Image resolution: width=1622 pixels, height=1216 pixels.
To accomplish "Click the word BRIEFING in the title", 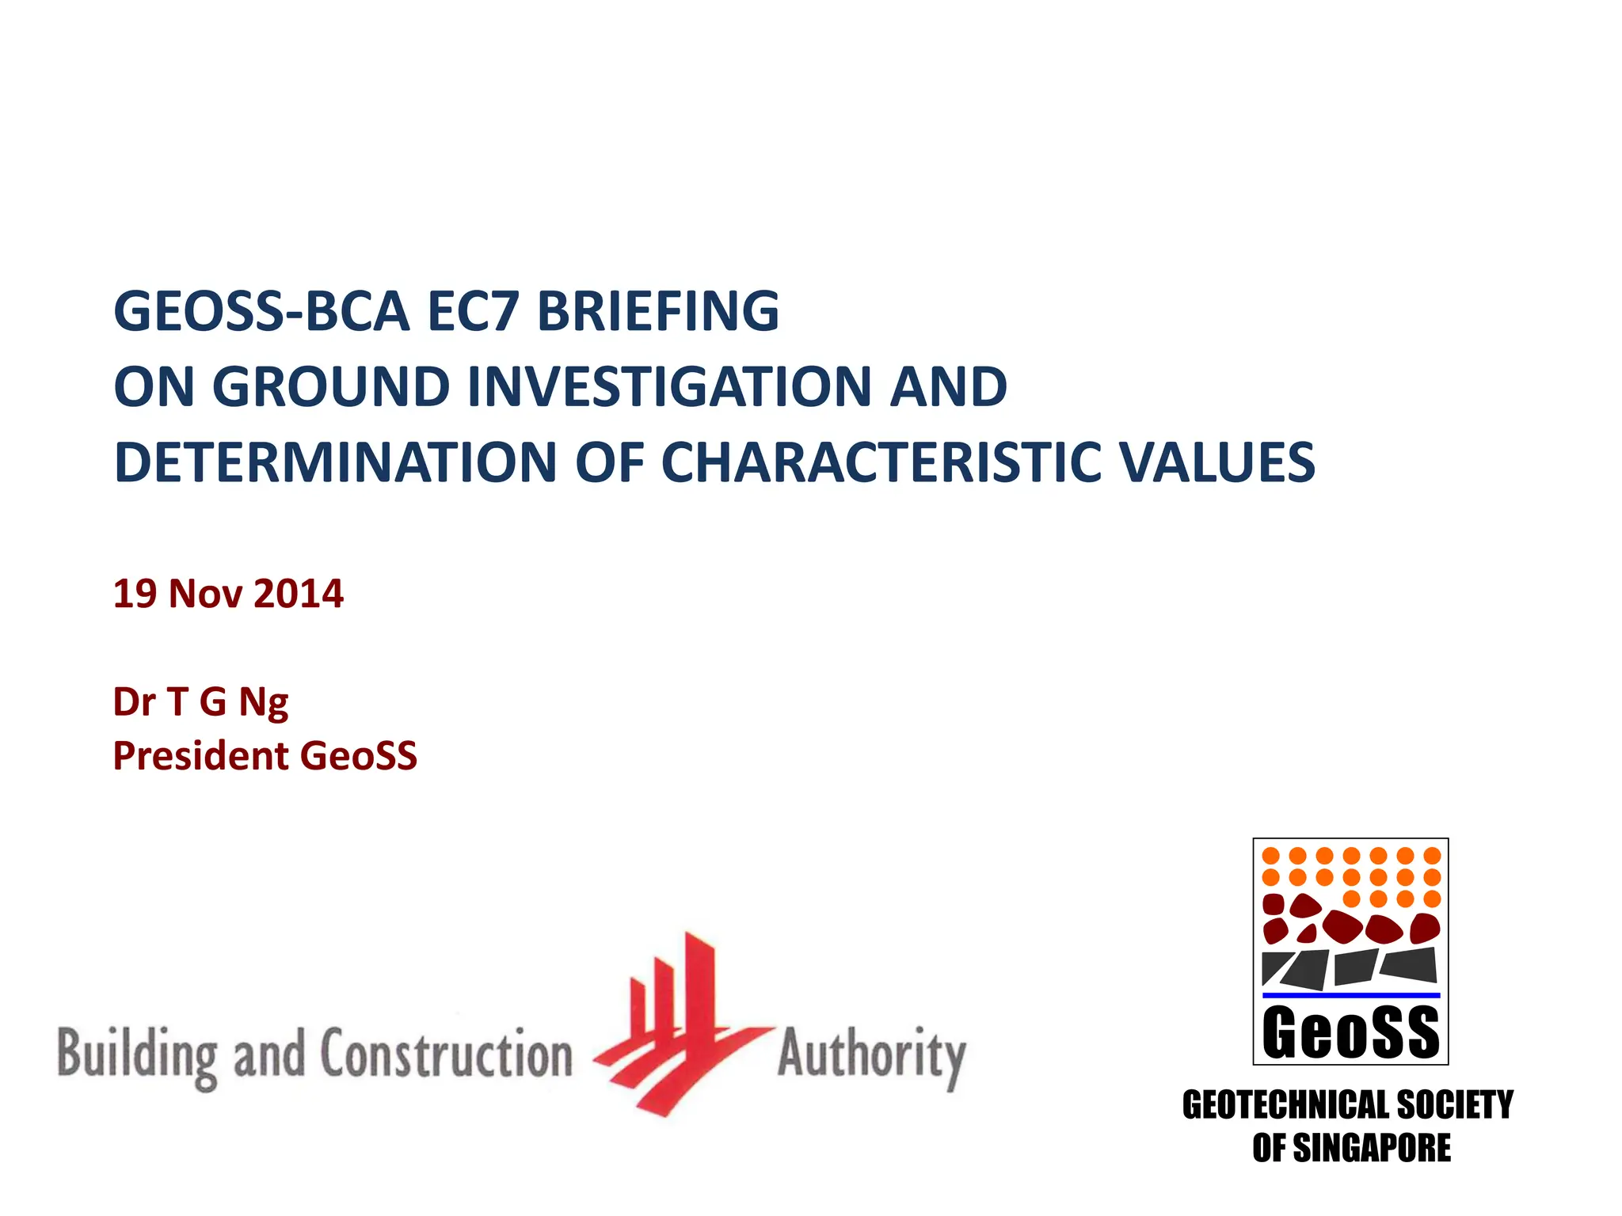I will tap(658, 311).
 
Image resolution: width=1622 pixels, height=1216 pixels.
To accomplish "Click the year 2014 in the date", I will tap(299, 594).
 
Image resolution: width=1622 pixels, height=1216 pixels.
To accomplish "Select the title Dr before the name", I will tap(134, 701).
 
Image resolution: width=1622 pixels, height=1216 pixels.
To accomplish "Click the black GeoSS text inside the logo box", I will tap(1350, 1032).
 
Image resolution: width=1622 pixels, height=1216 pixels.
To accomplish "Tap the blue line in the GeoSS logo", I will tap(1350, 995).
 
